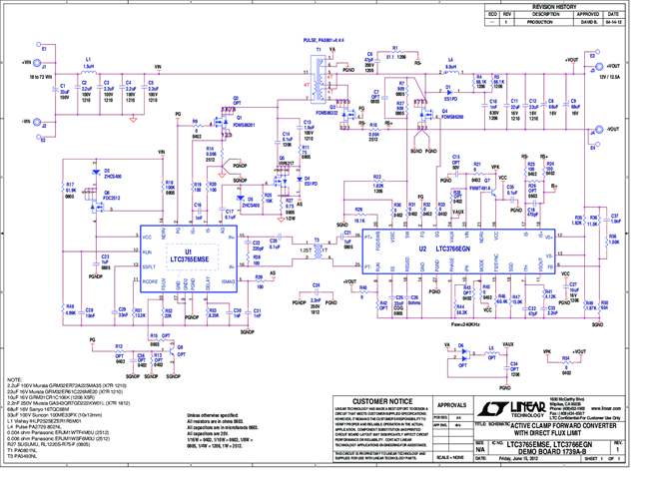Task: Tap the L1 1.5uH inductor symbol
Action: click(88, 70)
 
